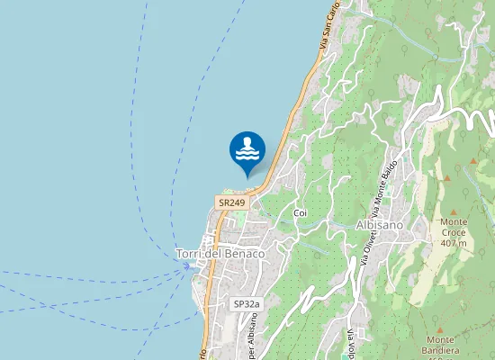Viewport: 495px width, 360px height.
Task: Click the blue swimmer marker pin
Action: coord(247,150)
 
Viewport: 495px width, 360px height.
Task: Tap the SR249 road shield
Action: coord(231,202)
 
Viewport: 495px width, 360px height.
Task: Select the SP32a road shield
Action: coord(246,304)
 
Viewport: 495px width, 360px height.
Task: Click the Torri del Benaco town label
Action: coord(220,255)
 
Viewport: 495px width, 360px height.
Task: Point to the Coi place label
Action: coord(301,212)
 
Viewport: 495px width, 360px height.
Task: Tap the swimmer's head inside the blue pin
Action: coord(247,142)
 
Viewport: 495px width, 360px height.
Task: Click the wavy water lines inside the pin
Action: coord(247,155)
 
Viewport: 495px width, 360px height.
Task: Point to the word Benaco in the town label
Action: coord(247,255)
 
